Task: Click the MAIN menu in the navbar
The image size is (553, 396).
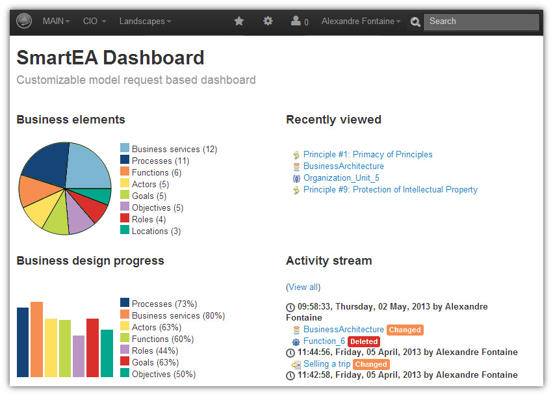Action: point(56,21)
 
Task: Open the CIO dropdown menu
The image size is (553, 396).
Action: point(94,21)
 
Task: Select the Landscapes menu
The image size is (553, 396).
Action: point(145,21)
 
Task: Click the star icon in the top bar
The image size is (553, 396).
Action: point(239,21)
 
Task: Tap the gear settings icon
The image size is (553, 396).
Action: point(268,21)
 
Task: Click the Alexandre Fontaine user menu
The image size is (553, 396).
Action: point(361,21)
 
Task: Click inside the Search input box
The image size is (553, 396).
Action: point(481,21)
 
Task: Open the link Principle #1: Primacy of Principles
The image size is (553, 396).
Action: point(367,155)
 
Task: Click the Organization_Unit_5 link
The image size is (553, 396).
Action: point(341,178)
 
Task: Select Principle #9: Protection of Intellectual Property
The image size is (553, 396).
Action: point(390,190)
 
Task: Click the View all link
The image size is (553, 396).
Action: point(303,287)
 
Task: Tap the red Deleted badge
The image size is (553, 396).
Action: point(363,341)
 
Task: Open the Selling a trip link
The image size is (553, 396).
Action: point(327,364)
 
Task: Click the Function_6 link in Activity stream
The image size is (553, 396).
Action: point(324,341)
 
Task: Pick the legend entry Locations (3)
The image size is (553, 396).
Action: point(156,231)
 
